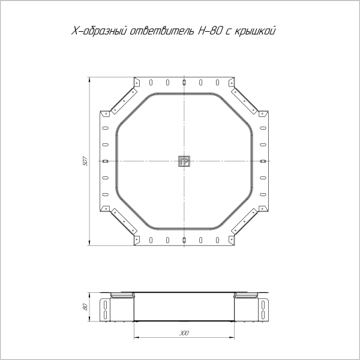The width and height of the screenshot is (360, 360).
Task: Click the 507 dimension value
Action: (85, 161)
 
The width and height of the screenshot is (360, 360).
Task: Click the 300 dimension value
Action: (184, 333)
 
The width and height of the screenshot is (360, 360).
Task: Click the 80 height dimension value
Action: (85, 307)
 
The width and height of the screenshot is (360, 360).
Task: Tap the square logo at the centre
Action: (184, 161)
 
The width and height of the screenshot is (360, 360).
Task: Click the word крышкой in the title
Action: (254, 31)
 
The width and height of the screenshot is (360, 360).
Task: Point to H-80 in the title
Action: (209, 31)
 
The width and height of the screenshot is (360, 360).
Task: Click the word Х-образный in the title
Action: (99, 31)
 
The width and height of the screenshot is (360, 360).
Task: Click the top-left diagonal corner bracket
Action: (124, 101)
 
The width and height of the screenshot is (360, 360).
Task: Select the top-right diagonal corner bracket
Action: (244, 101)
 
